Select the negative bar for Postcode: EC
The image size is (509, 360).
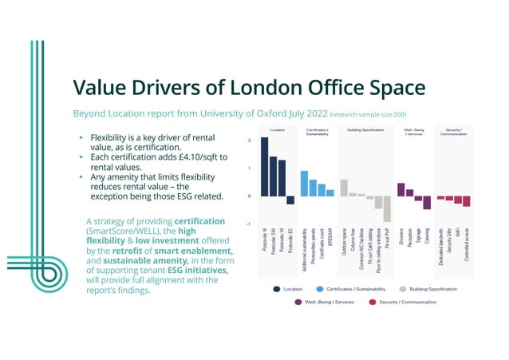click(290, 200)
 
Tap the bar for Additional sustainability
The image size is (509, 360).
click(304, 183)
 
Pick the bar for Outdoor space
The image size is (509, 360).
click(344, 188)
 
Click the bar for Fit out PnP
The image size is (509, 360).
click(387, 208)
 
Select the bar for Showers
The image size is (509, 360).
click(401, 188)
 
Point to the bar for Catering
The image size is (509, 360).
click(427, 203)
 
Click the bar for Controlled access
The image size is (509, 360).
click(467, 201)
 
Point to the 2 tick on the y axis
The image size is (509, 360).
click(250, 140)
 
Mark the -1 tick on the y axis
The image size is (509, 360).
click(249, 224)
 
